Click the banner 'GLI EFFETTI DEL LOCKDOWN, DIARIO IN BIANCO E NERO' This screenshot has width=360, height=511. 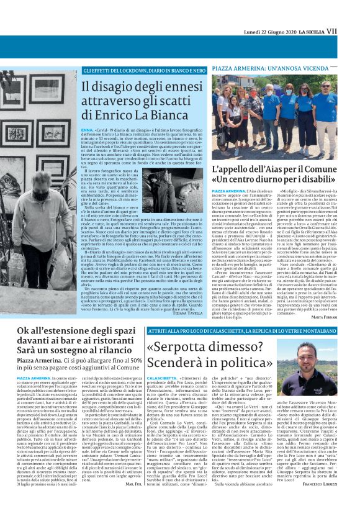143,71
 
